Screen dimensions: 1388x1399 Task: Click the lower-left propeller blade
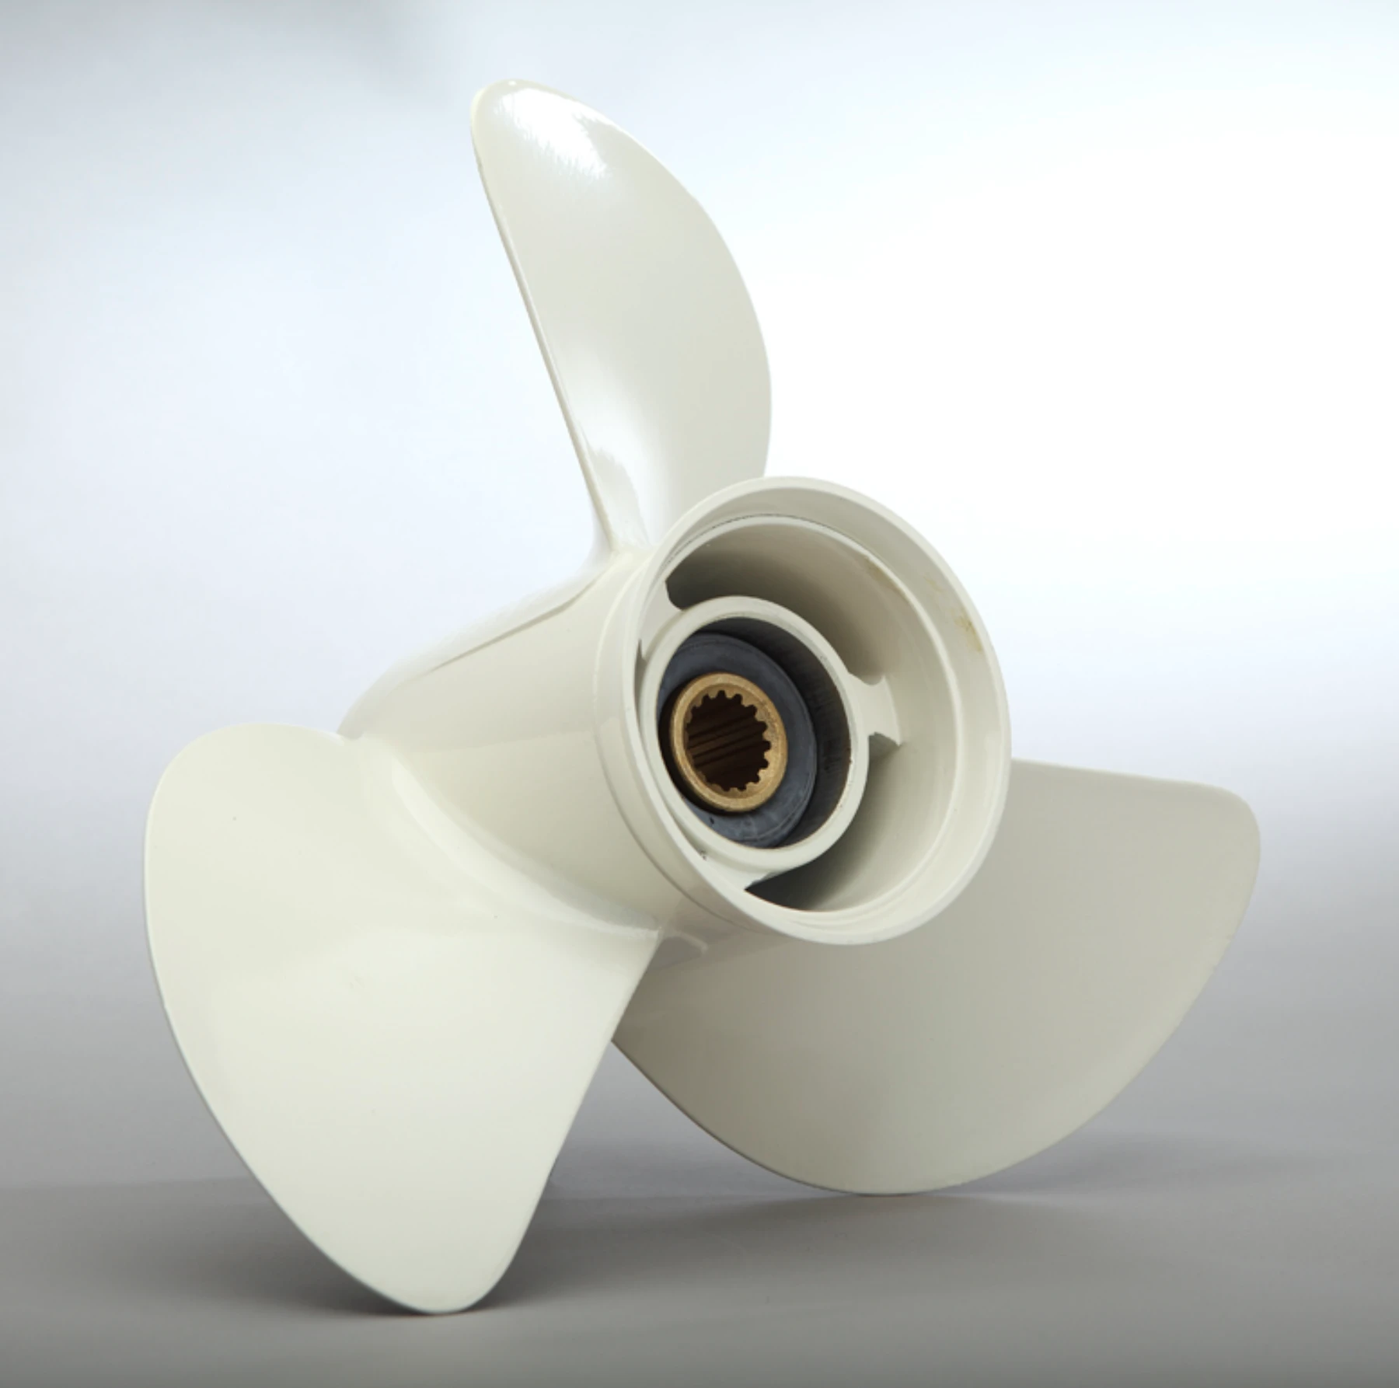350,971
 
